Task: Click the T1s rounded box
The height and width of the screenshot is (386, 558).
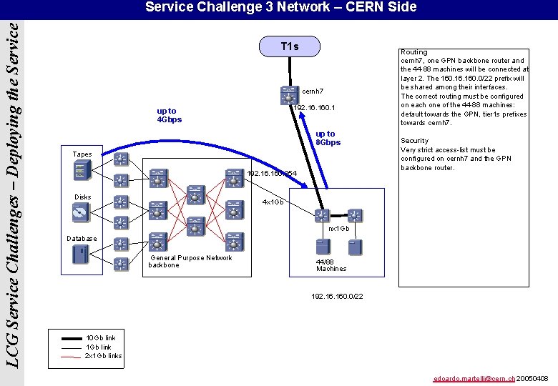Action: [290, 47]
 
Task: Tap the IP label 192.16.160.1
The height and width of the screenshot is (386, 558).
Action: [315, 108]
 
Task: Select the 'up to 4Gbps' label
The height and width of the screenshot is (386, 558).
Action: [170, 115]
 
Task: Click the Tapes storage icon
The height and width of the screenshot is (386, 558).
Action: [81, 171]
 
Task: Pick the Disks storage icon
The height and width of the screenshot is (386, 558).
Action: [82, 212]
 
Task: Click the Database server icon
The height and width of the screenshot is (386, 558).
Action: [81, 254]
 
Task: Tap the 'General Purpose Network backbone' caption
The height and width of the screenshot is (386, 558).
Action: [190, 262]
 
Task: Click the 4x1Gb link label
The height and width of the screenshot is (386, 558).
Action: [273, 202]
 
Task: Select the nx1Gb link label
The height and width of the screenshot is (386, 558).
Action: [338, 229]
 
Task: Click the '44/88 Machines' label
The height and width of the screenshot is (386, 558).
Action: [331, 265]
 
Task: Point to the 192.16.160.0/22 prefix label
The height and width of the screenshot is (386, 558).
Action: [337, 296]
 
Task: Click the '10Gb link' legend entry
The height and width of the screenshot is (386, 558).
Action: [100, 337]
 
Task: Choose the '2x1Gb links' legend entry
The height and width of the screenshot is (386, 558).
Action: [103, 355]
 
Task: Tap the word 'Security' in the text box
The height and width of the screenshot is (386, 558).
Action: [415, 141]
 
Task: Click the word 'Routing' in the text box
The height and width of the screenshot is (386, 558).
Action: [414, 52]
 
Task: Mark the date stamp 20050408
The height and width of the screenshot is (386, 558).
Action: [533, 378]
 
